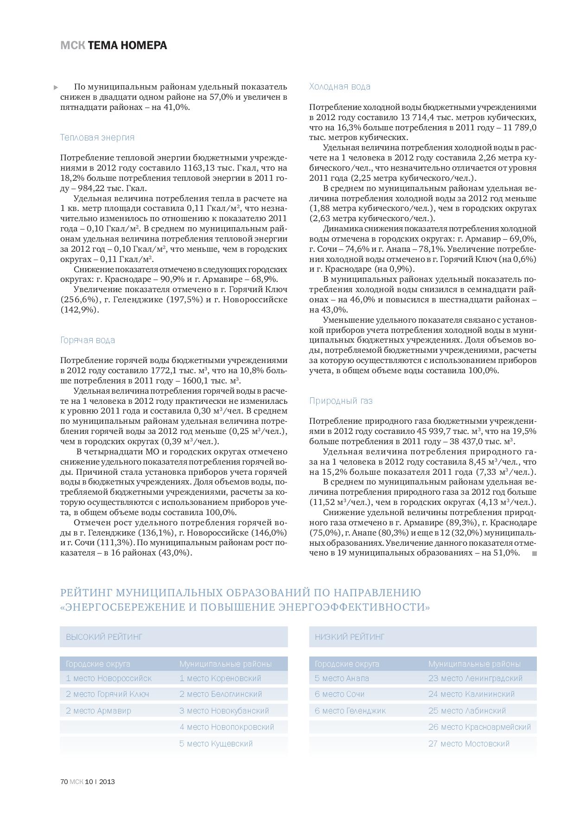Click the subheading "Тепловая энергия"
point(97,137)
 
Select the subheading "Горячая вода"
point(88,340)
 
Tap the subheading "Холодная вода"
point(340,86)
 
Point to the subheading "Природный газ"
point(341,401)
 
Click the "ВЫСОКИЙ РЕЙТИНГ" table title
point(104,637)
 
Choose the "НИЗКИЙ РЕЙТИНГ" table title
point(350,637)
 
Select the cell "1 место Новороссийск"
point(109,678)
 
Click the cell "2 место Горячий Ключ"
point(108,694)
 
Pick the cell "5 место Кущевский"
point(216,744)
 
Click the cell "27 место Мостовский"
point(469,744)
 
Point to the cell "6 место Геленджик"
point(350,710)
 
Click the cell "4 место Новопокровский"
point(227,727)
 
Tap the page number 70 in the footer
point(64,781)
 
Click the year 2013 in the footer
point(107,781)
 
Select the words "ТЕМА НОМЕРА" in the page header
point(127,45)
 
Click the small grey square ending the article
point(534,553)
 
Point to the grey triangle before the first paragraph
point(56,87)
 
